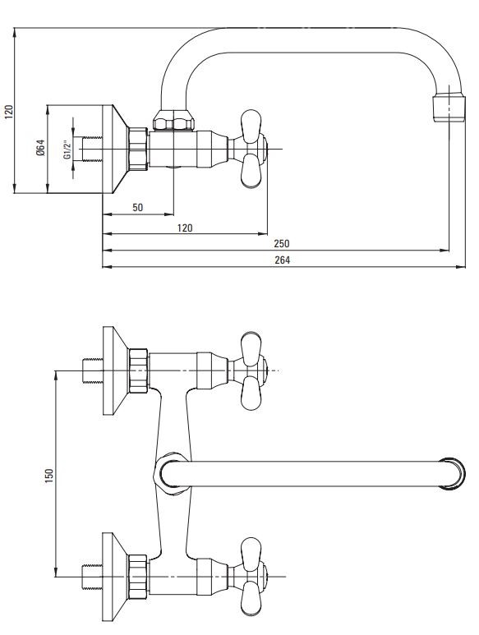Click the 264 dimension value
pyautogui.click(x=282, y=260)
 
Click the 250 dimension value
pyautogui.click(x=282, y=243)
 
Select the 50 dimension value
pyautogui.click(x=138, y=207)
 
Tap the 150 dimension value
pyautogui.click(x=49, y=476)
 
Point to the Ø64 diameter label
pyautogui.click(x=40, y=148)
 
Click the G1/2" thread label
pyautogui.click(x=67, y=149)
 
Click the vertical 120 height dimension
pyautogui.click(x=9, y=112)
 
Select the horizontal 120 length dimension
pyautogui.click(x=185, y=228)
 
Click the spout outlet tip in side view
pyautogui.click(x=449, y=108)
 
